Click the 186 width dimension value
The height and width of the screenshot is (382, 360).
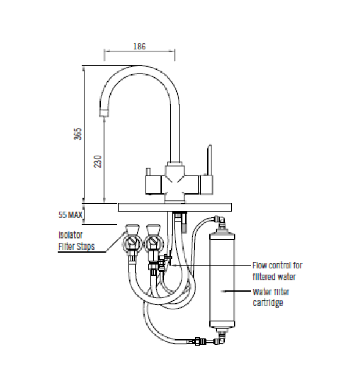139,46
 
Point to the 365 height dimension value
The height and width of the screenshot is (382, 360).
77,134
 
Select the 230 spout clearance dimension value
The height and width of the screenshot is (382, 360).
98,161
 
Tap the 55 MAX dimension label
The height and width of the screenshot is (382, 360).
70,215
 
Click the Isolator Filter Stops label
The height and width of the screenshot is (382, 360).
76,240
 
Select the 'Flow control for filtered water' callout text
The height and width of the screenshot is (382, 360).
277,271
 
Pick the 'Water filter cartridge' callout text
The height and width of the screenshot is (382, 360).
271,297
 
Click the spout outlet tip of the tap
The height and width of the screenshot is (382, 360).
104,113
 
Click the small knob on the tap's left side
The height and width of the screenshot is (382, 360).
148,171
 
